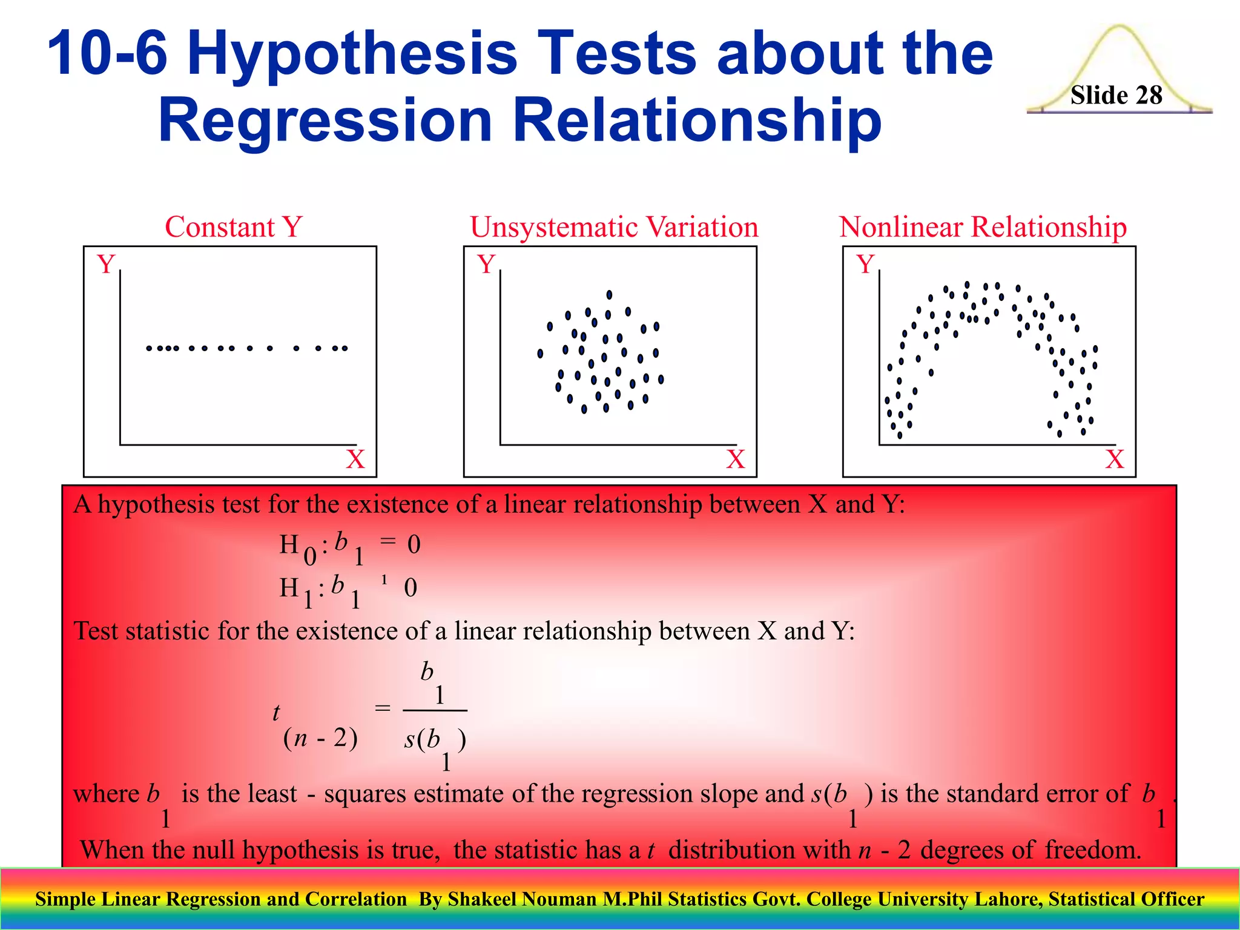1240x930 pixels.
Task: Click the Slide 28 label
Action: tap(1116, 95)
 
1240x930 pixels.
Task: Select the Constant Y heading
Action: tap(233, 227)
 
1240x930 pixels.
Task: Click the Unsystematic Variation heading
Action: tap(614, 227)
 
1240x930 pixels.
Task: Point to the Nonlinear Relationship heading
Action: tap(983, 227)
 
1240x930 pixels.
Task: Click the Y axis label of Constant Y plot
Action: tap(106, 264)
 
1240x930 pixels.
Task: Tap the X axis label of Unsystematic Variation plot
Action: tap(735, 460)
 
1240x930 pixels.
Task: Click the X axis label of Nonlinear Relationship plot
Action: tap(1115, 460)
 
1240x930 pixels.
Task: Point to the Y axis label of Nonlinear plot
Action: tap(865, 264)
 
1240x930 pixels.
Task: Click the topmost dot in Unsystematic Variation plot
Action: tap(609, 295)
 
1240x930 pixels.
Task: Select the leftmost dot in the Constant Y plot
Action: tap(149, 348)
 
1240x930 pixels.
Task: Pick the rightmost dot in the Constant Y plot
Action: tap(345, 348)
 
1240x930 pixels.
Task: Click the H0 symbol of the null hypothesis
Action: tap(297, 547)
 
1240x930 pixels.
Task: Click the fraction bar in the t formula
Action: tap(435, 710)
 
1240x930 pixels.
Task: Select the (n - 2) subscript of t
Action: tap(320, 738)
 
